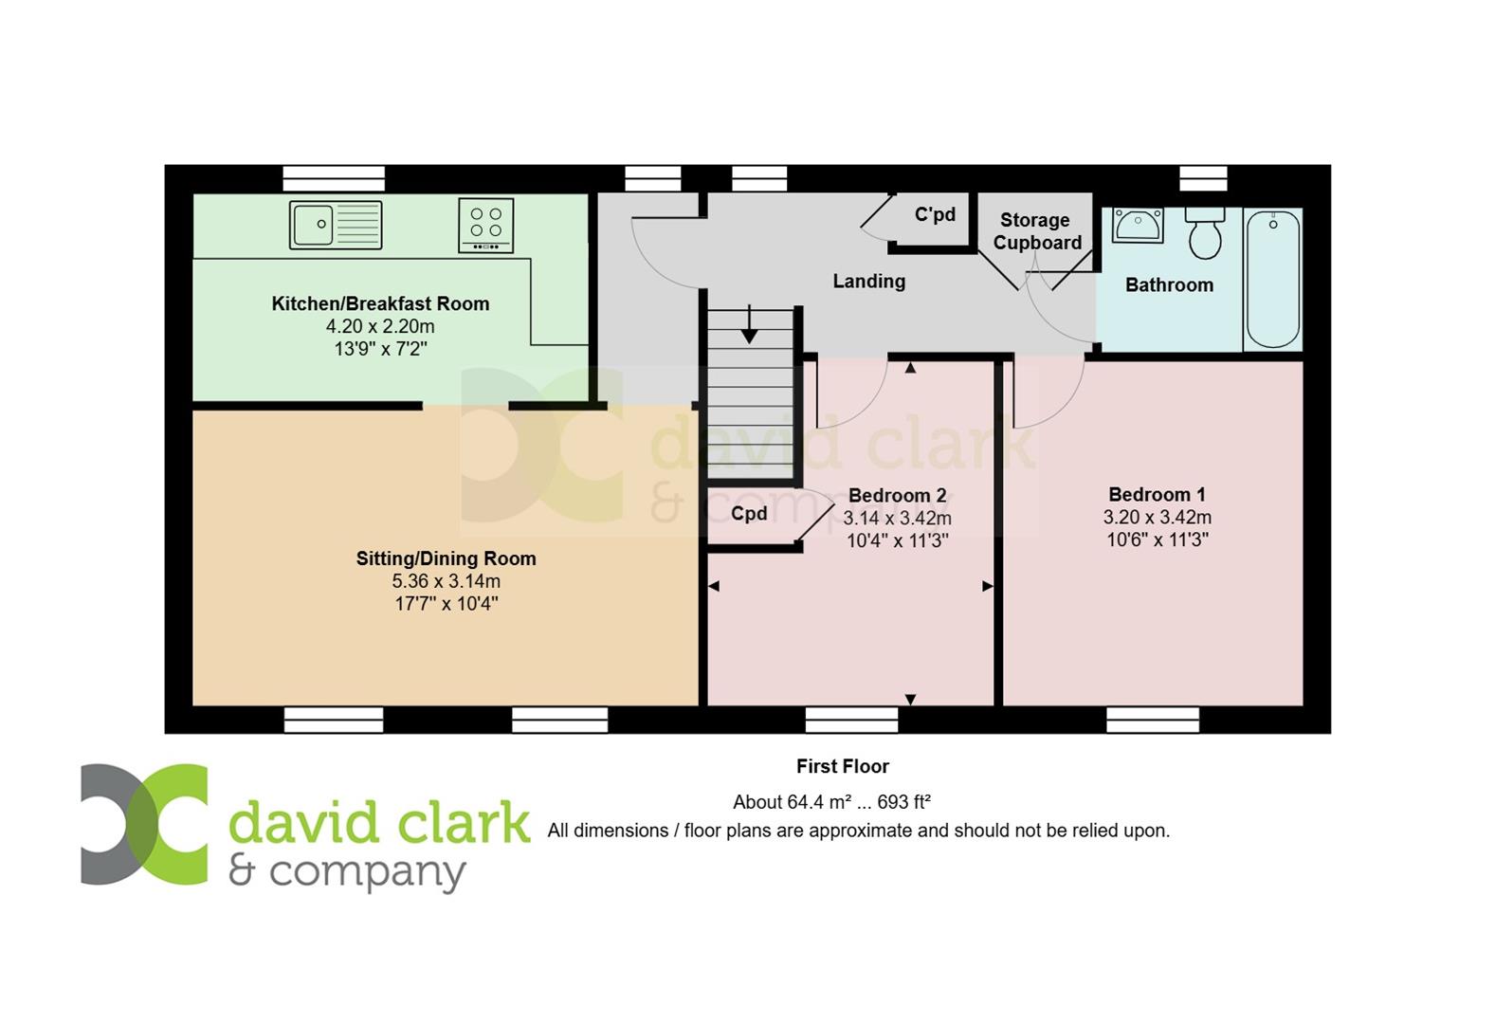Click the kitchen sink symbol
[x=336, y=225]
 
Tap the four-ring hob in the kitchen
[x=486, y=225]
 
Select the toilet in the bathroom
[x=1205, y=233]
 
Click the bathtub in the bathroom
[x=1273, y=279]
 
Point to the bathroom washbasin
[x=1138, y=225]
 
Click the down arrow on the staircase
[x=750, y=323]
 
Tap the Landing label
[x=869, y=281]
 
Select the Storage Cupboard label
[x=1037, y=231]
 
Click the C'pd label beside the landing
[x=935, y=214]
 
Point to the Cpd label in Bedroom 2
[x=749, y=513]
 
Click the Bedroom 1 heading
[x=1157, y=495]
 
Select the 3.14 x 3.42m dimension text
[x=897, y=518]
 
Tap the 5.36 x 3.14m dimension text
[x=446, y=581]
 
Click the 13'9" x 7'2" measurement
[x=380, y=349]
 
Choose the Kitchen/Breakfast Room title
[x=380, y=303]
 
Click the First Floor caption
[x=842, y=766]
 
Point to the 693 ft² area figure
[x=903, y=802]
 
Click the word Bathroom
[x=1169, y=285]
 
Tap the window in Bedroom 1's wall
[x=1153, y=721]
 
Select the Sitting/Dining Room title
[x=446, y=558]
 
